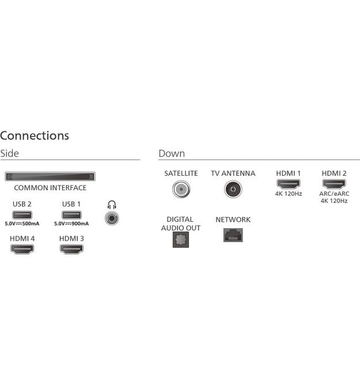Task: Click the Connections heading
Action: pyautogui.click(x=35, y=135)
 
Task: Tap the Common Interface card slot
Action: pyautogui.click(x=50, y=176)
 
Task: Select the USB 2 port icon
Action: pyautogui.click(x=22, y=215)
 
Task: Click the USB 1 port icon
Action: pyautogui.click(x=71, y=215)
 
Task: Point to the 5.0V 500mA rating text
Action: pyautogui.click(x=22, y=224)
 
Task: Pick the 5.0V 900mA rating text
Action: pyautogui.click(x=71, y=224)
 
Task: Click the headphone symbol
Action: pyautogui.click(x=112, y=205)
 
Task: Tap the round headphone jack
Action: pyautogui.click(x=112, y=218)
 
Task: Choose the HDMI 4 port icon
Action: pyautogui.click(x=22, y=249)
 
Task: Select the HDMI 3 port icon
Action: pyautogui.click(x=71, y=249)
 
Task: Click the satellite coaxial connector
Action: pyautogui.click(x=181, y=189)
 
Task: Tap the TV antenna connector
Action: pyautogui.click(x=233, y=189)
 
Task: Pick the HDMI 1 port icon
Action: pyautogui.click(x=289, y=184)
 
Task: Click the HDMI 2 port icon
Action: pyautogui.click(x=334, y=184)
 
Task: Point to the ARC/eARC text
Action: pyautogui.click(x=334, y=194)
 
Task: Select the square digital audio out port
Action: pyautogui.click(x=181, y=240)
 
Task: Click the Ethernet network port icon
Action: pyautogui.click(x=233, y=235)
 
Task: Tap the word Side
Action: pyautogui.click(x=10, y=153)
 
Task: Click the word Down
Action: pyautogui.click(x=172, y=153)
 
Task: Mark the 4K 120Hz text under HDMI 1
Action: pyautogui.click(x=289, y=194)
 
